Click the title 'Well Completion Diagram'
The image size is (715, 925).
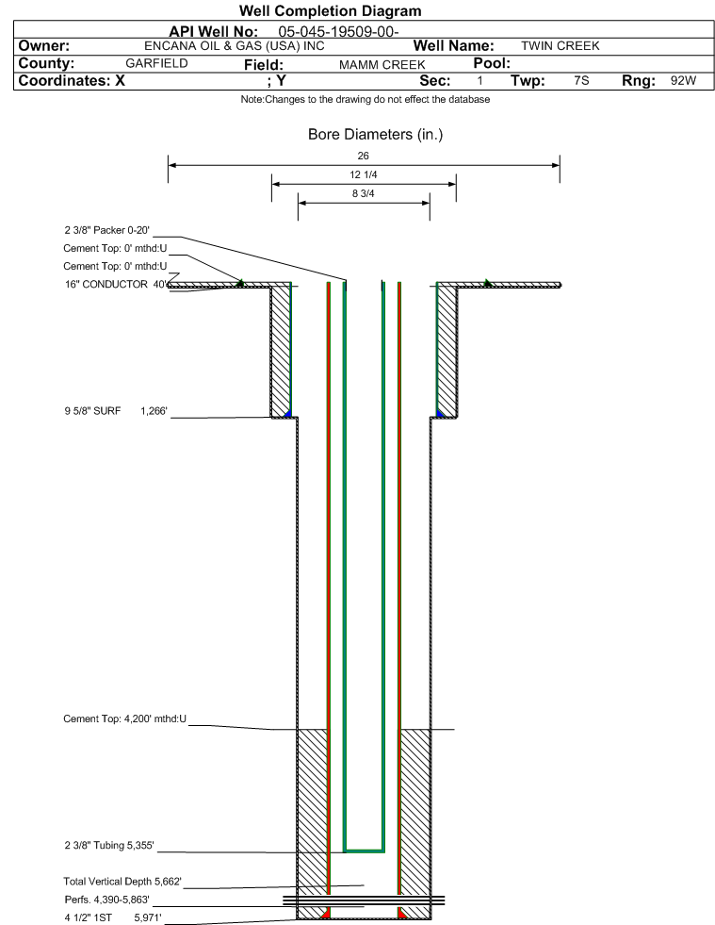[x=330, y=11]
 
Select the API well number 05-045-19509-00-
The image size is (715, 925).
[x=338, y=31]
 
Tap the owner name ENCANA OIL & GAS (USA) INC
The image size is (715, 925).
[x=234, y=46]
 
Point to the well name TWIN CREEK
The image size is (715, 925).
[x=560, y=46]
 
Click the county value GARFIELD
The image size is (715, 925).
[x=156, y=63]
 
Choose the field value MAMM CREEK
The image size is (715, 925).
[x=382, y=64]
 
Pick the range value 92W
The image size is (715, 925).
[x=683, y=80]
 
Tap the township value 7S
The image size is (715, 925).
[x=581, y=80]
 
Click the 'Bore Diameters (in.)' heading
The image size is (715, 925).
[x=375, y=135]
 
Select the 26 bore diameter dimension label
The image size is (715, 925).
[x=363, y=156]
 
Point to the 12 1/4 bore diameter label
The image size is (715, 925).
[x=363, y=174]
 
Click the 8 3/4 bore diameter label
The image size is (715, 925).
[x=363, y=193]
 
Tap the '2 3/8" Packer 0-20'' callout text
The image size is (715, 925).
[x=106, y=230]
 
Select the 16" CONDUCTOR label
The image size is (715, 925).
[x=106, y=285]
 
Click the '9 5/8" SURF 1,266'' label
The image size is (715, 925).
[x=116, y=411]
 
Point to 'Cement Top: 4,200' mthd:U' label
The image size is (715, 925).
[x=125, y=719]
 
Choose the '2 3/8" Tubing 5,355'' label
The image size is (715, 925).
[x=109, y=846]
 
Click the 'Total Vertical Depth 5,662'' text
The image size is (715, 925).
[x=122, y=882]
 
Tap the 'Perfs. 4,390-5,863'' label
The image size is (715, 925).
[x=106, y=900]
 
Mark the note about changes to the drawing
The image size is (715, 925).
[x=365, y=99]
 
